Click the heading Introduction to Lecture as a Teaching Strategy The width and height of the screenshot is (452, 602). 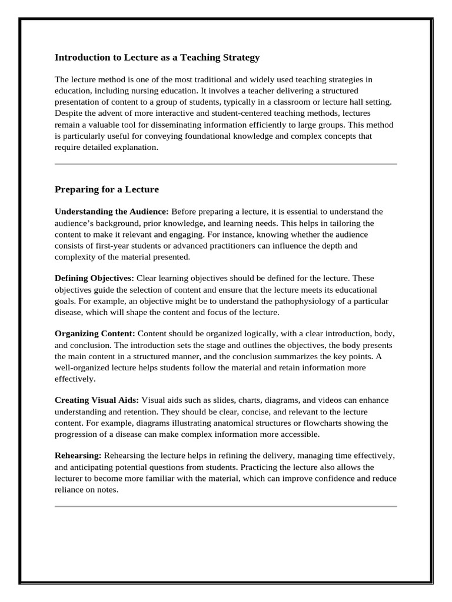[157, 58]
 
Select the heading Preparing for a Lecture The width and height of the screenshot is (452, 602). [107, 189]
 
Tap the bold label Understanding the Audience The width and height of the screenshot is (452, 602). [112, 211]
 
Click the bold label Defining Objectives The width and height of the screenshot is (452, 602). [94, 277]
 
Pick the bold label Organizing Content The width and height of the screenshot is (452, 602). [95, 333]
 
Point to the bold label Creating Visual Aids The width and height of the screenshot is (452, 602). [97, 400]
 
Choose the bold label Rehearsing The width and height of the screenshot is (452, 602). [78, 456]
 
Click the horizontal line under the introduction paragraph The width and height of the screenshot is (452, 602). [225, 164]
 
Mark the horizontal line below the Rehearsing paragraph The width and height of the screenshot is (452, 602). [225, 506]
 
